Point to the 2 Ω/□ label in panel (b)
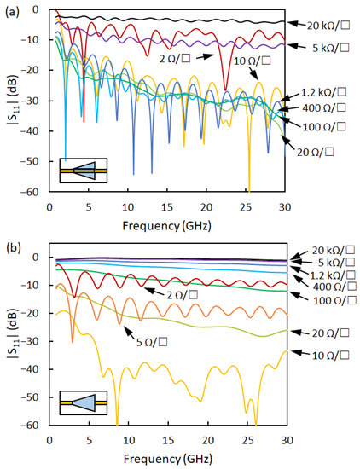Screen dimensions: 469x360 tap(171, 293)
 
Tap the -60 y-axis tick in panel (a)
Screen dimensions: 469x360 tap(32, 192)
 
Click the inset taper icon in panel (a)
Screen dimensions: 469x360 tap(83, 171)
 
